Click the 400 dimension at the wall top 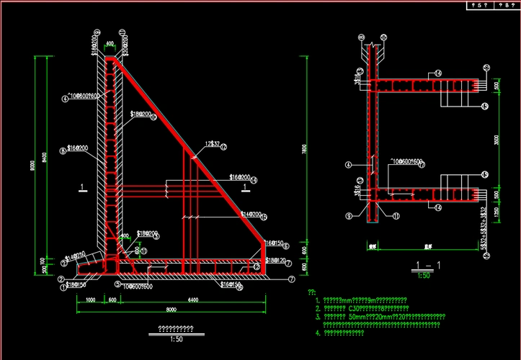(110, 45)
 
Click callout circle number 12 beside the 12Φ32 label (224, 147)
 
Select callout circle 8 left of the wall (63, 150)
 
